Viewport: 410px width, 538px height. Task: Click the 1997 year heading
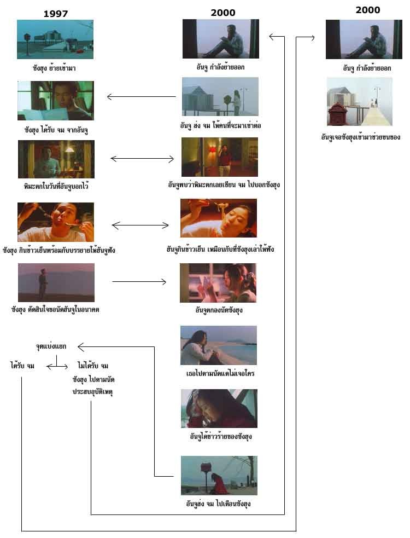(56, 14)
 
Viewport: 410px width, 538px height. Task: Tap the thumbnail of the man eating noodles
(55, 222)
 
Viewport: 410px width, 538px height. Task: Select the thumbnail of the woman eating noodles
(218, 218)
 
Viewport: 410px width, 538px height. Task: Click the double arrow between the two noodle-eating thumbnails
(140, 225)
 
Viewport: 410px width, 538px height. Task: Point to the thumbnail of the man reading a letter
(55, 101)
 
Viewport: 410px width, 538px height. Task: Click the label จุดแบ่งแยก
(51, 346)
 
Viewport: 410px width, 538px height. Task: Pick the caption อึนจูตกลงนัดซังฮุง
(219, 310)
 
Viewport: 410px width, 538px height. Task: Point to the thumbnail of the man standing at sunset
(56, 282)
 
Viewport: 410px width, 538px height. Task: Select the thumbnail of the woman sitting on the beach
(218, 345)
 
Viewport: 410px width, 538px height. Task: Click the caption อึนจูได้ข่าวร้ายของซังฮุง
(219, 436)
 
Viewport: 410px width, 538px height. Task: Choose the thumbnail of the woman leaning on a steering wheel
(219, 408)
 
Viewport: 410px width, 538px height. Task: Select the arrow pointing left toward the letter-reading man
(141, 97)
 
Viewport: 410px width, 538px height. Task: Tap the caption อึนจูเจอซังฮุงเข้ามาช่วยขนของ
(360, 137)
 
